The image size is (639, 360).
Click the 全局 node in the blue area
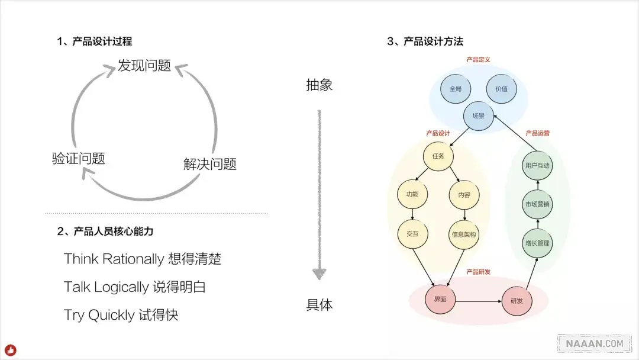click(455, 89)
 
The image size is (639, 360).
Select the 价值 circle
click(501, 89)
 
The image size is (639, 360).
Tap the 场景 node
click(478, 116)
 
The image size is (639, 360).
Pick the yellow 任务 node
click(438, 156)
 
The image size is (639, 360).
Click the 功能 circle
click(412, 194)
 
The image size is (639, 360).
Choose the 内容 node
click(464, 195)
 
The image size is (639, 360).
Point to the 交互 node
click(412, 234)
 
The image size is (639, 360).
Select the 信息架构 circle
click(464, 234)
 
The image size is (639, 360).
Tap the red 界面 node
click(440, 300)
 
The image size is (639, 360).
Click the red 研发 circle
click(517, 300)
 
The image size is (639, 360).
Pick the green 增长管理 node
click(537, 243)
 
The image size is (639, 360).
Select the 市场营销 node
click(537, 204)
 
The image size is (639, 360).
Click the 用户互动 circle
click(537, 166)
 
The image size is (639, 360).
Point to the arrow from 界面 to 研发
click(478, 300)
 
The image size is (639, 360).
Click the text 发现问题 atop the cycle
click(144, 66)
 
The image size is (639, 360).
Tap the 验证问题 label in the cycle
click(79, 159)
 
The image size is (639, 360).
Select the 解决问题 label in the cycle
click(210, 164)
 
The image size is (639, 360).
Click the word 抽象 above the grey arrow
click(319, 85)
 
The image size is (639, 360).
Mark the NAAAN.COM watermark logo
click(594, 343)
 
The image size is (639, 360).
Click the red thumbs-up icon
click(11, 350)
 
